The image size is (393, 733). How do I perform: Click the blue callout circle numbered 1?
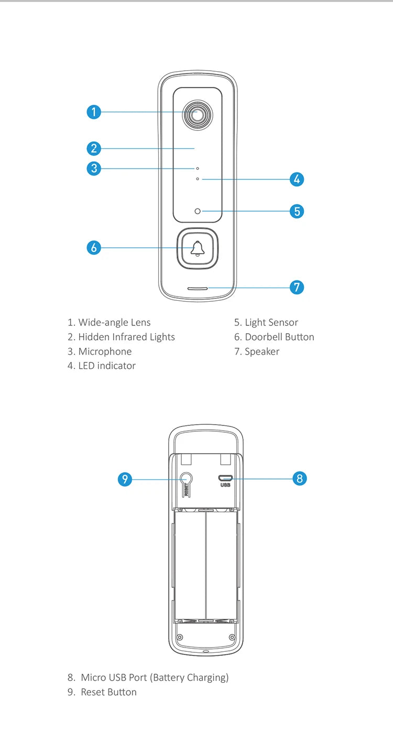[93, 112]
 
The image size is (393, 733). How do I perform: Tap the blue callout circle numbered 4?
[297, 179]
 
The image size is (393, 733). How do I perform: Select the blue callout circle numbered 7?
[297, 287]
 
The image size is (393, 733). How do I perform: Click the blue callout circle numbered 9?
[124, 479]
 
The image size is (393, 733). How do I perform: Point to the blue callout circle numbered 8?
[299, 478]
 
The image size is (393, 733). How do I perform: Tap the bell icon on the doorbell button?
[198, 249]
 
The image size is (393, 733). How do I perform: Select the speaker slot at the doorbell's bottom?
[198, 288]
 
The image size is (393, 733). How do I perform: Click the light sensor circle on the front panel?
[198, 211]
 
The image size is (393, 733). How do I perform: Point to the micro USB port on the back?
[226, 478]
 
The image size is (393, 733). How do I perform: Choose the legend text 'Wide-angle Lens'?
[109, 322]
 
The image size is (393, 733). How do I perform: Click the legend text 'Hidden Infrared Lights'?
[121, 337]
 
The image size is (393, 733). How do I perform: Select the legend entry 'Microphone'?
[100, 352]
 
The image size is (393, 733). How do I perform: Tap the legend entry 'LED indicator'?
[102, 366]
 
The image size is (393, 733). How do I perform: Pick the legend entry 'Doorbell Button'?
[274, 337]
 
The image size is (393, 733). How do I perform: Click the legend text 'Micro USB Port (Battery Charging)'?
[148, 677]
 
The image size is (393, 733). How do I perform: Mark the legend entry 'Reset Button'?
[102, 692]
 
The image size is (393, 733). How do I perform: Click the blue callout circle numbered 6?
[93, 247]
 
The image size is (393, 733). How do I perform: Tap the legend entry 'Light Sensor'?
[266, 322]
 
